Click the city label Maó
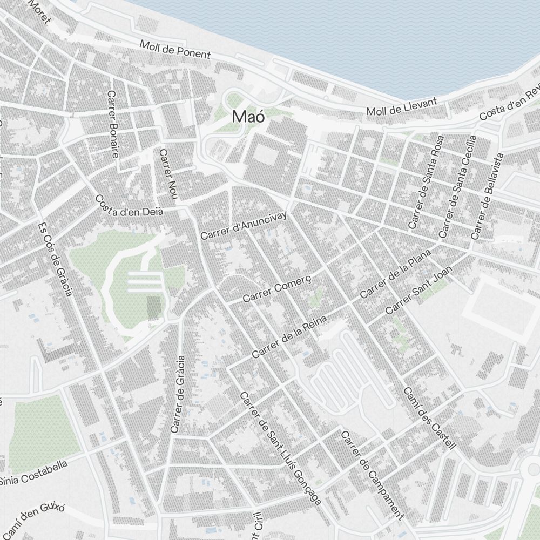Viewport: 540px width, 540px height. tap(248, 116)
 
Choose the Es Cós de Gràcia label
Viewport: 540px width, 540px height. tap(55, 260)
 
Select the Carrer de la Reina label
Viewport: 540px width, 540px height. tap(289, 338)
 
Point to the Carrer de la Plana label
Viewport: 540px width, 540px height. tap(395, 274)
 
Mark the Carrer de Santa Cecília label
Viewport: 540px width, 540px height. tap(457, 186)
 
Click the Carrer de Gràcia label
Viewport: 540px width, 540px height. tap(177, 394)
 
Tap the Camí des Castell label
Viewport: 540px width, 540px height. tap(430, 418)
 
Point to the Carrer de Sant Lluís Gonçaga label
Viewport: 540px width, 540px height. tap(280, 449)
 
